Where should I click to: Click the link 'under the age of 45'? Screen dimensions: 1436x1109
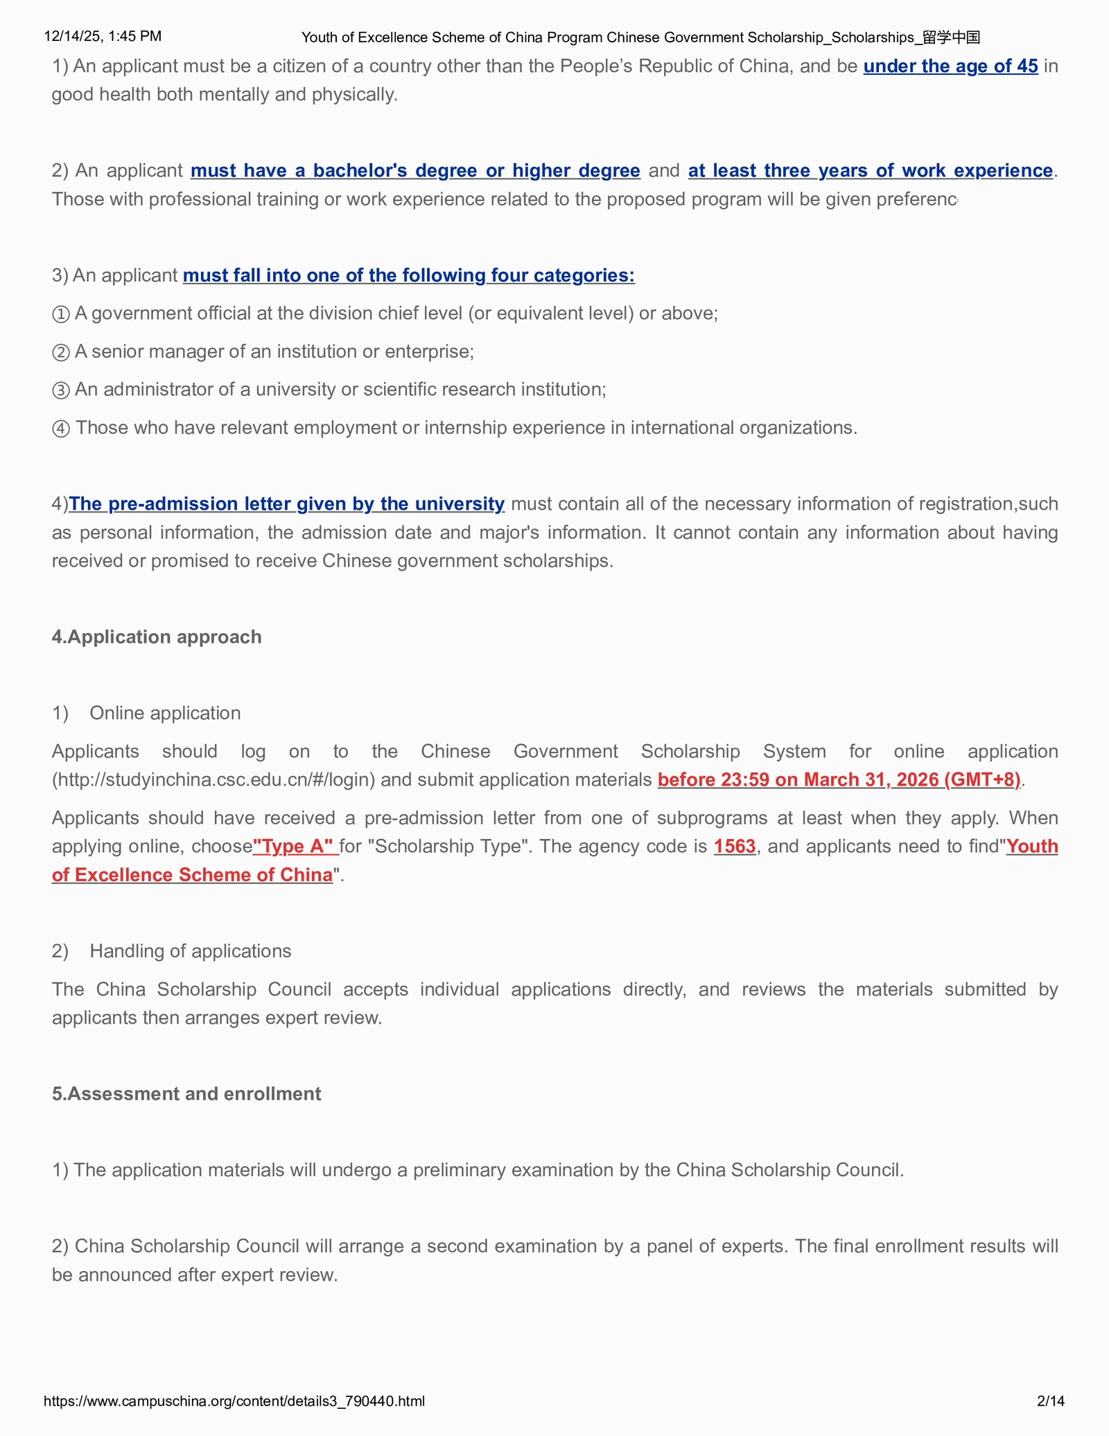pyautogui.click(x=950, y=66)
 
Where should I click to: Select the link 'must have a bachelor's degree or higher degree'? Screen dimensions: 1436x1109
pyautogui.click(x=415, y=171)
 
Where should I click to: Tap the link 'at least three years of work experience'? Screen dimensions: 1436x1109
pyautogui.click(x=871, y=171)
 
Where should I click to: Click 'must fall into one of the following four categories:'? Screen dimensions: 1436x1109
pyautogui.click(x=408, y=275)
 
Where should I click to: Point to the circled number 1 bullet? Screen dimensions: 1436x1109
pyautogui.click(x=61, y=314)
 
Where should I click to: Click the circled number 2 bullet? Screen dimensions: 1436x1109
pyautogui.click(x=61, y=352)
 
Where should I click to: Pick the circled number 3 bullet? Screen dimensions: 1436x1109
pyautogui.click(x=61, y=390)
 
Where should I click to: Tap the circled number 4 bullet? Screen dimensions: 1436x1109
pyautogui.click(x=61, y=429)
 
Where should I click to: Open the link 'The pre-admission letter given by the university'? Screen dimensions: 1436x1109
pyautogui.click(x=286, y=503)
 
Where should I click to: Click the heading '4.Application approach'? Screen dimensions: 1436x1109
pyautogui.click(x=157, y=637)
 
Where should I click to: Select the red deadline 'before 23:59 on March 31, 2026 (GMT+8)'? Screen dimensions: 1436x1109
pyautogui.click(x=839, y=779)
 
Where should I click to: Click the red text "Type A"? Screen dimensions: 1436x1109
pyautogui.click(x=295, y=846)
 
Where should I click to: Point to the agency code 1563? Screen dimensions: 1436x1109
pyautogui.click(x=735, y=846)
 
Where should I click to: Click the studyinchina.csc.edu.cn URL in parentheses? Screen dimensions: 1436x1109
pyautogui.click(x=213, y=779)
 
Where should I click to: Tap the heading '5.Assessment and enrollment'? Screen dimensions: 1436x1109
pyautogui.click(x=186, y=1093)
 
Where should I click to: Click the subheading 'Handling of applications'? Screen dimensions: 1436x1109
pyautogui.click(x=190, y=951)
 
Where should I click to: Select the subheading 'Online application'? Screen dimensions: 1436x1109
pyautogui.click(x=165, y=713)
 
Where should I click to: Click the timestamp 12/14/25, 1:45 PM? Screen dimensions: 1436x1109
pyautogui.click(x=103, y=36)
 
